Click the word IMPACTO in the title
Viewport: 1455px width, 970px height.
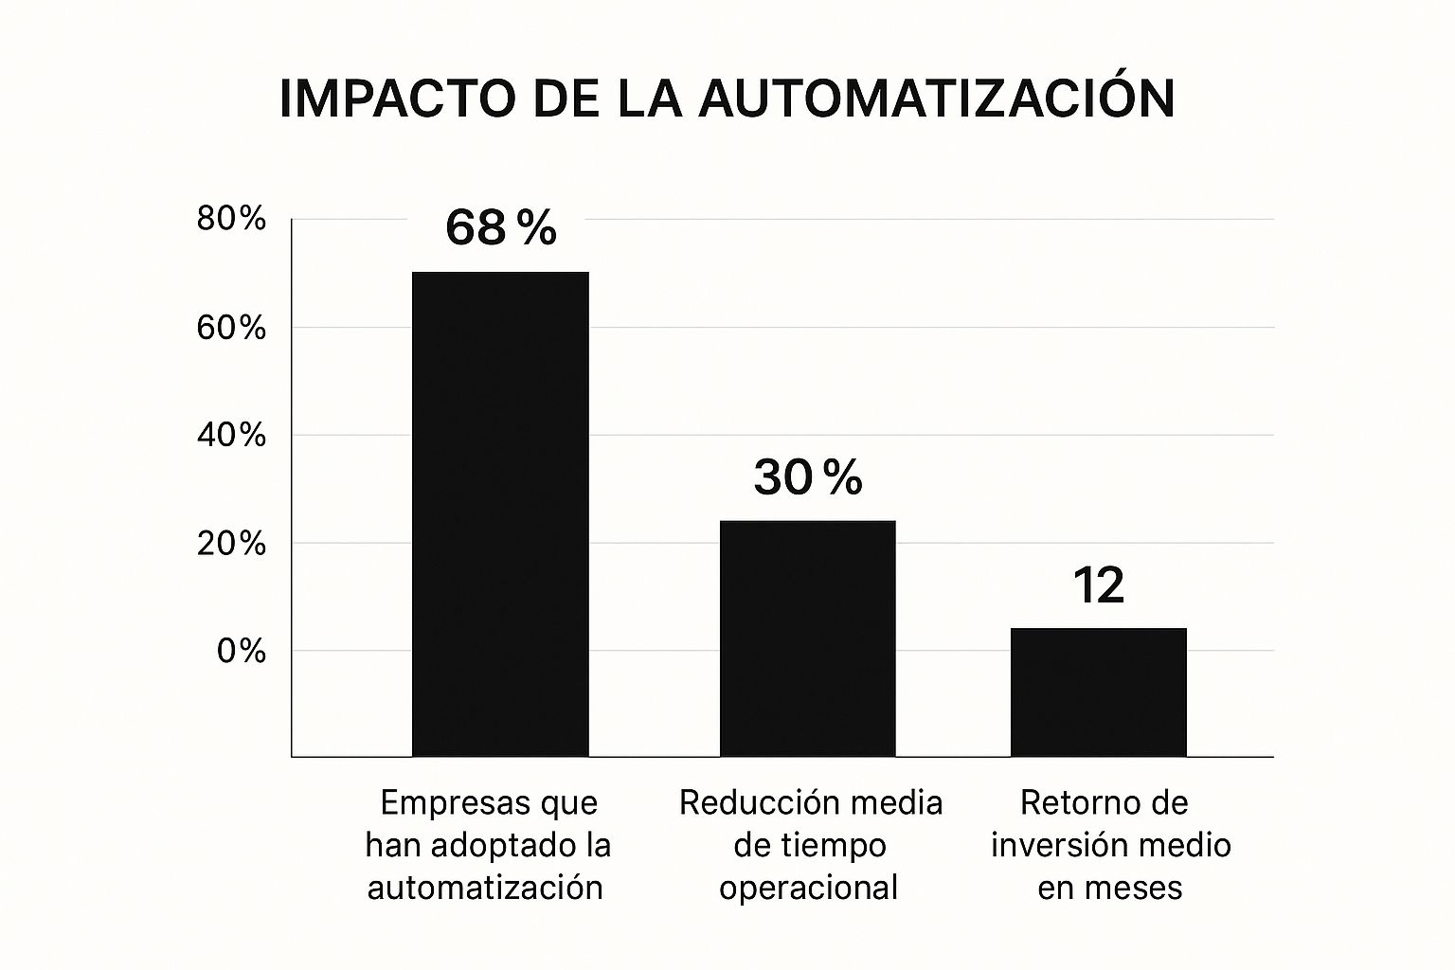tap(398, 99)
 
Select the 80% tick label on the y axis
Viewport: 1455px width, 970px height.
tap(230, 218)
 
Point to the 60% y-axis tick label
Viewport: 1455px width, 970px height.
tap(230, 328)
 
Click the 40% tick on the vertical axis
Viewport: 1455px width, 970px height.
tap(230, 435)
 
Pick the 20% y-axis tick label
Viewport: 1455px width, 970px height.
tap(230, 543)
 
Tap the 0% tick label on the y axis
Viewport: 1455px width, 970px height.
tap(241, 651)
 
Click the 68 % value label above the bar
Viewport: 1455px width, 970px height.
tap(501, 227)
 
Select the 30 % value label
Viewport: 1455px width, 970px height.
tap(808, 476)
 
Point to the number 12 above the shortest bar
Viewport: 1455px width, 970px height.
tap(1099, 584)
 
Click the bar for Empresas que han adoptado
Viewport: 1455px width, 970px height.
tap(501, 514)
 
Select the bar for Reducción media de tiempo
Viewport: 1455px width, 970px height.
tap(807, 638)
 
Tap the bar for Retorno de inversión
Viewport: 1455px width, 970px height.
tap(1099, 692)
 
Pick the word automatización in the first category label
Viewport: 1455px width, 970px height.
tap(485, 888)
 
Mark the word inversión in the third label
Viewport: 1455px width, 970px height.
tap(1054, 845)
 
